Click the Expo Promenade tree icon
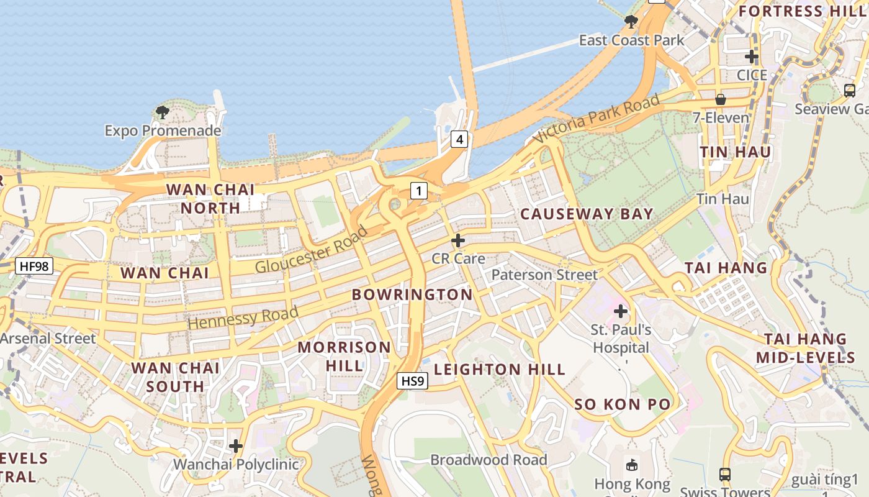coord(163,112)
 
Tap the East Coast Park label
coord(631,40)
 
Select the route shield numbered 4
coord(459,139)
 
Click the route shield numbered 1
coord(419,191)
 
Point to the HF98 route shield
coord(34,267)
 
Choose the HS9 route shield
coord(413,381)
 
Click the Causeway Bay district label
coord(587,214)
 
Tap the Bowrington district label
coord(412,294)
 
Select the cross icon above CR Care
coord(458,240)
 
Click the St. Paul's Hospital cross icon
coord(620,311)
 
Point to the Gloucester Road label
coord(312,250)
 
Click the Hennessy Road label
coord(243,317)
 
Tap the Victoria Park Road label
coord(595,119)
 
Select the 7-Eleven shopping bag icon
coord(721,99)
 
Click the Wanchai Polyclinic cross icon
coord(236,446)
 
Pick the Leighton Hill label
coord(499,370)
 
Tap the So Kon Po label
coord(622,404)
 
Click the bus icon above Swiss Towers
coord(724,475)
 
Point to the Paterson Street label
coord(544,275)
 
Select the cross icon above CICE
coord(752,57)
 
